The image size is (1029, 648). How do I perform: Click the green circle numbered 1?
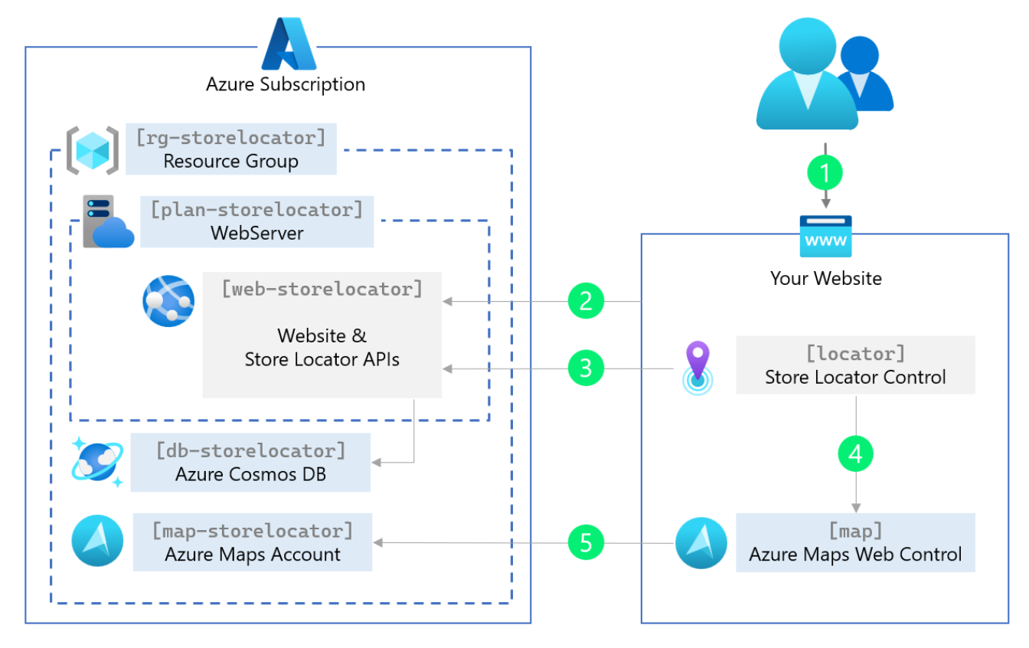tap(825, 173)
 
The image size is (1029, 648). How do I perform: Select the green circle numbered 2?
tap(586, 302)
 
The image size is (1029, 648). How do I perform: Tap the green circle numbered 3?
tap(586, 368)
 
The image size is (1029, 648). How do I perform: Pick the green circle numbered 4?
tap(855, 454)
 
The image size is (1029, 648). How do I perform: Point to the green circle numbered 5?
tap(586, 543)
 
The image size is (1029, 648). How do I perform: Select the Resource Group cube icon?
tap(92, 149)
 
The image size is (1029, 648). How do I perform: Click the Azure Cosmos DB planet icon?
tap(97, 462)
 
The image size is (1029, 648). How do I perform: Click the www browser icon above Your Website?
tap(825, 237)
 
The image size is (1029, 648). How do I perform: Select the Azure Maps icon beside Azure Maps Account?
tap(97, 542)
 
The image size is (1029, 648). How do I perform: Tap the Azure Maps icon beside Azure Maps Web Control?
tap(701, 543)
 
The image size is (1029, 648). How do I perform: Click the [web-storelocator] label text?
tap(322, 289)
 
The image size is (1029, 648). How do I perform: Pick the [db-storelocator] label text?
tap(250, 450)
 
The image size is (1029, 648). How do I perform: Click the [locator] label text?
tap(855, 354)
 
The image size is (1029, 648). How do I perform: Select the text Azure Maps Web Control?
tap(855, 555)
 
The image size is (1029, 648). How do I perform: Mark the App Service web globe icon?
tap(168, 301)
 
